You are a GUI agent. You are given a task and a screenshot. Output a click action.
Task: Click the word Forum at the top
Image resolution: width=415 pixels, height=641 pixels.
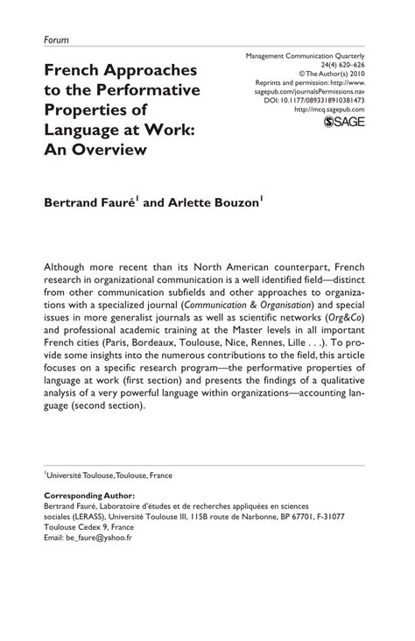pos(55,39)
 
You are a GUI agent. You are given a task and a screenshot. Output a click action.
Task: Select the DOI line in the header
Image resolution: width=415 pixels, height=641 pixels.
pos(323,101)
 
